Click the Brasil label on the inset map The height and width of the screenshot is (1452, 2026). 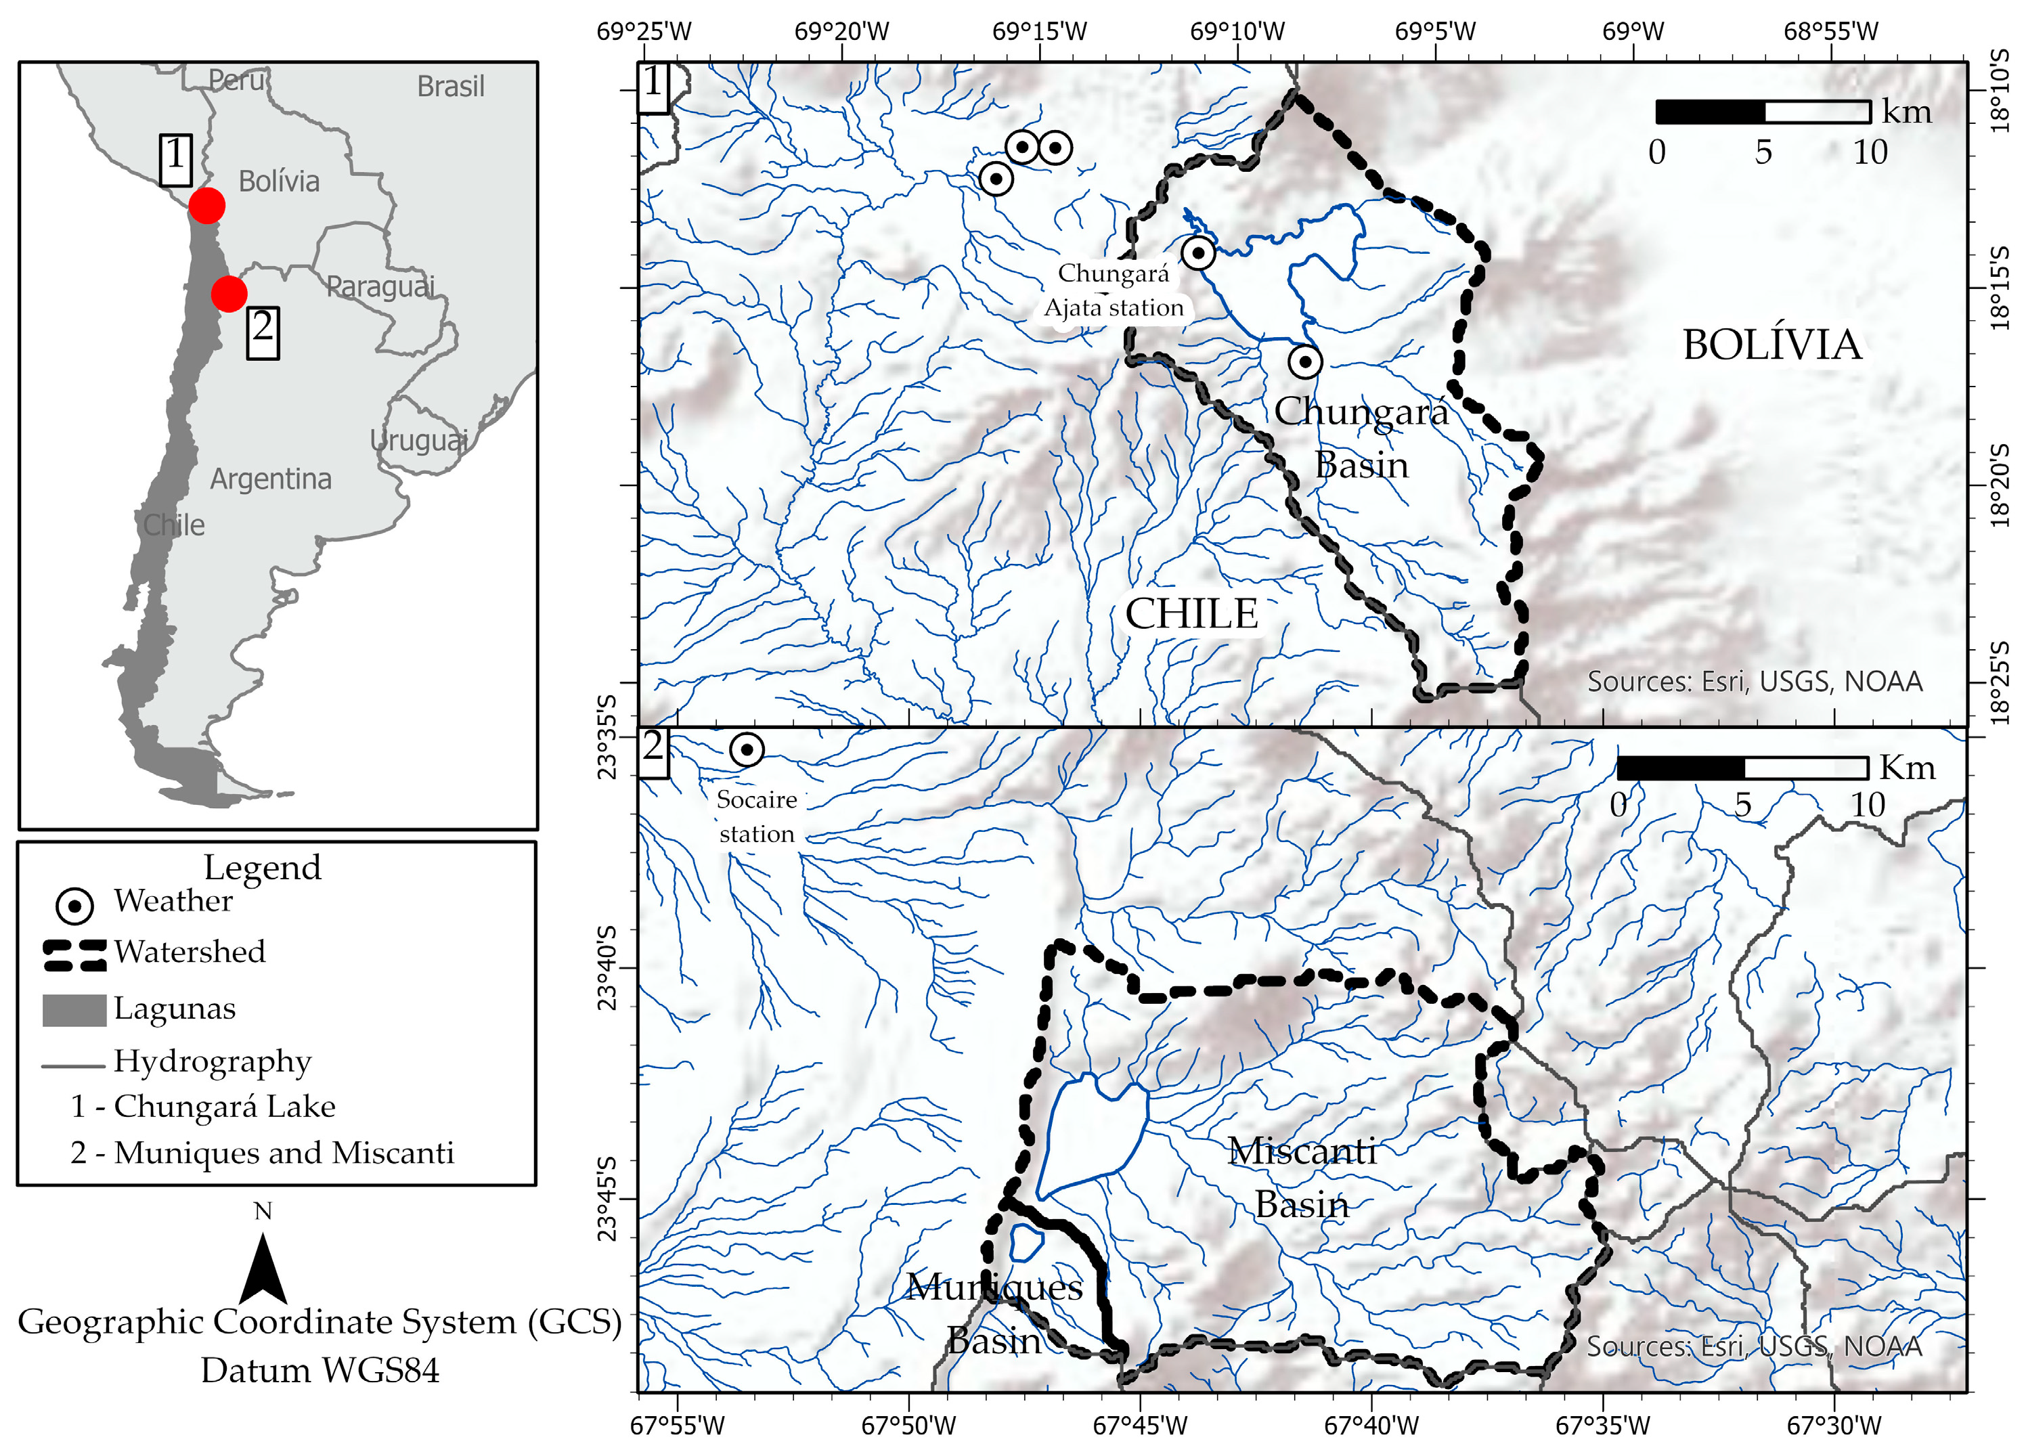click(x=450, y=87)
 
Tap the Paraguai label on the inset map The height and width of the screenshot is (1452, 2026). click(x=380, y=287)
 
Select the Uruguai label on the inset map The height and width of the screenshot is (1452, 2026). click(x=419, y=439)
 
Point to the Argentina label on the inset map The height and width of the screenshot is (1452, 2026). click(x=271, y=480)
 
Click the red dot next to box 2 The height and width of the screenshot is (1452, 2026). click(x=229, y=293)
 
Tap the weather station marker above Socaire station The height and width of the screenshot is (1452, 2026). click(x=747, y=749)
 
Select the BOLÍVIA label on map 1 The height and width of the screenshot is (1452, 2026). click(x=1771, y=345)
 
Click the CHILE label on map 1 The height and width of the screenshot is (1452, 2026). click(x=1191, y=614)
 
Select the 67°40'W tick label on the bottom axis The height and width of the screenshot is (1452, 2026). click(x=1371, y=1425)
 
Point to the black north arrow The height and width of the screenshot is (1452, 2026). click(x=263, y=1268)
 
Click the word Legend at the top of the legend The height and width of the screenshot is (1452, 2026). click(x=262, y=866)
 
